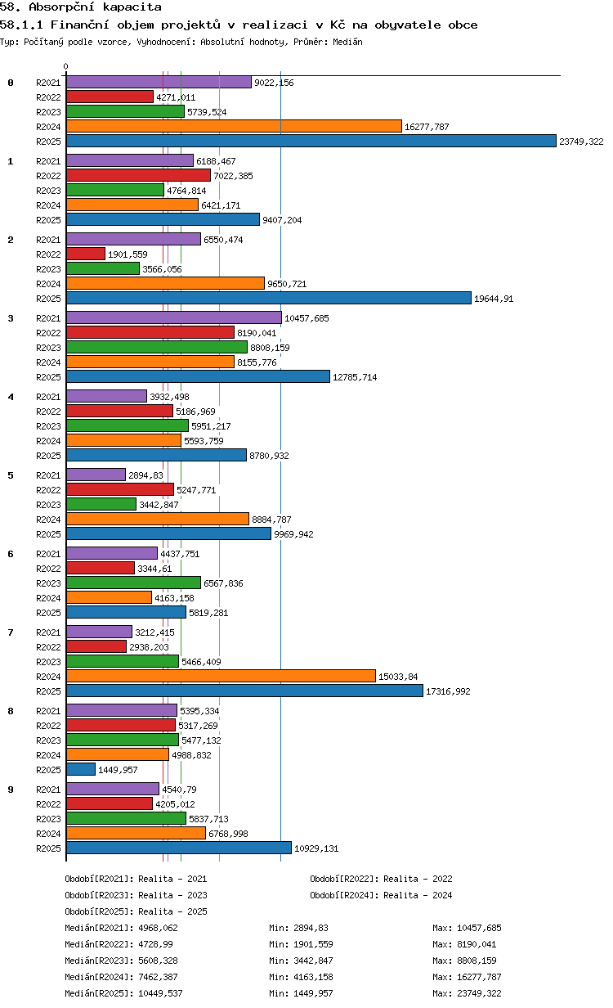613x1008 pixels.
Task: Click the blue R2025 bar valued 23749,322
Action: tap(311, 141)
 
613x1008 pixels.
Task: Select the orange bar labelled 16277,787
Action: tap(234, 127)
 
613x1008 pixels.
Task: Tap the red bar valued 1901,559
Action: tap(86, 254)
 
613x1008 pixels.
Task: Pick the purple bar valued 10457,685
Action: tap(174, 317)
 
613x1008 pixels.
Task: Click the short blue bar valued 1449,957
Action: tap(81, 769)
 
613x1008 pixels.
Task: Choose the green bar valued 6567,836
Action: tap(133, 583)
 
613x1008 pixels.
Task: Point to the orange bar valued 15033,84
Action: tap(221, 676)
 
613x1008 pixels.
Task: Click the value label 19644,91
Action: tap(494, 299)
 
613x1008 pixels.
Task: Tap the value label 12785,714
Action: tap(355, 377)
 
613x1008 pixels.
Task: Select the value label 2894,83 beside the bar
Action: tap(145, 475)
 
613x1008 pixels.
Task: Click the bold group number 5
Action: tap(11, 475)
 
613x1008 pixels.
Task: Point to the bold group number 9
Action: tap(11, 790)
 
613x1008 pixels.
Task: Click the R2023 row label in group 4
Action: tap(48, 426)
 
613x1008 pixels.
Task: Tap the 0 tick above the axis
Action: tap(65, 66)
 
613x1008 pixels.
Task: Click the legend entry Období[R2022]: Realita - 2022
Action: tap(381, 879)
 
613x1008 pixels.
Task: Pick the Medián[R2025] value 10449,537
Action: tap(160, 993)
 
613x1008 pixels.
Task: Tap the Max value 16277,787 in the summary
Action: tap(479, 977)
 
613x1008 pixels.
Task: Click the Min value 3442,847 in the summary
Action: tap(313, 961)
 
